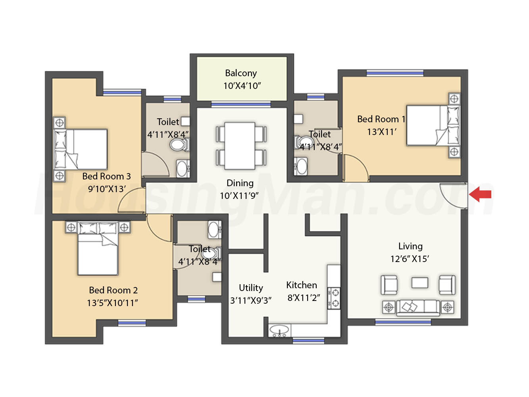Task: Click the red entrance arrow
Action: point(480,194)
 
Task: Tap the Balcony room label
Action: point(241,73)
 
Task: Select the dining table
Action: point(240,146)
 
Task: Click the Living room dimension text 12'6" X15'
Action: point(410,259)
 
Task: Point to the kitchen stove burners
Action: point(334,298)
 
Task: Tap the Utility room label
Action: point(251,288)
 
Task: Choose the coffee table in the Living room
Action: point(419,283)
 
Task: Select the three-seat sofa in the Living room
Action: point(418,307)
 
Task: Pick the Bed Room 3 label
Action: point(106,176)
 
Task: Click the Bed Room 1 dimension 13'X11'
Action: point(382,132)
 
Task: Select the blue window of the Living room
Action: point(403,322)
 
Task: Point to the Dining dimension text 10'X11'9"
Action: point(239,196)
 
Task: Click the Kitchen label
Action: point(302,285)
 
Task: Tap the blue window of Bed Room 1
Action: point(395,73)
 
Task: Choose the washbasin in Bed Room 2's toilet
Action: point(214,230)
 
